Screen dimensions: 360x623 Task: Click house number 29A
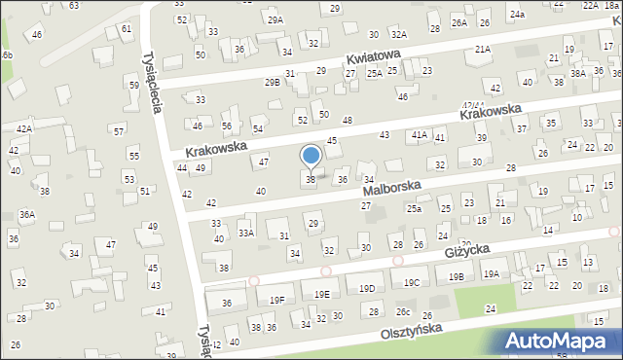275,19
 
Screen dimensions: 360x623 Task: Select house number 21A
483,49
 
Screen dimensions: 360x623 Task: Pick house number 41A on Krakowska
420,134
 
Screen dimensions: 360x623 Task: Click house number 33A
246,233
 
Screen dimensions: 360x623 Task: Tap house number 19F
277,300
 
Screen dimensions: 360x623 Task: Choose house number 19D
366,289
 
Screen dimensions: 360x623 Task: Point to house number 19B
457,277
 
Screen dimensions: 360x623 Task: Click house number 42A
23,128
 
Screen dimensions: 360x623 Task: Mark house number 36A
27,214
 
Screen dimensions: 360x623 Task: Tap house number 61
127,29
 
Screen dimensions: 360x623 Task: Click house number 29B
272,83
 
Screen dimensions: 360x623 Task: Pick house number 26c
402,311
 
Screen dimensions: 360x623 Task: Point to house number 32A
371,34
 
